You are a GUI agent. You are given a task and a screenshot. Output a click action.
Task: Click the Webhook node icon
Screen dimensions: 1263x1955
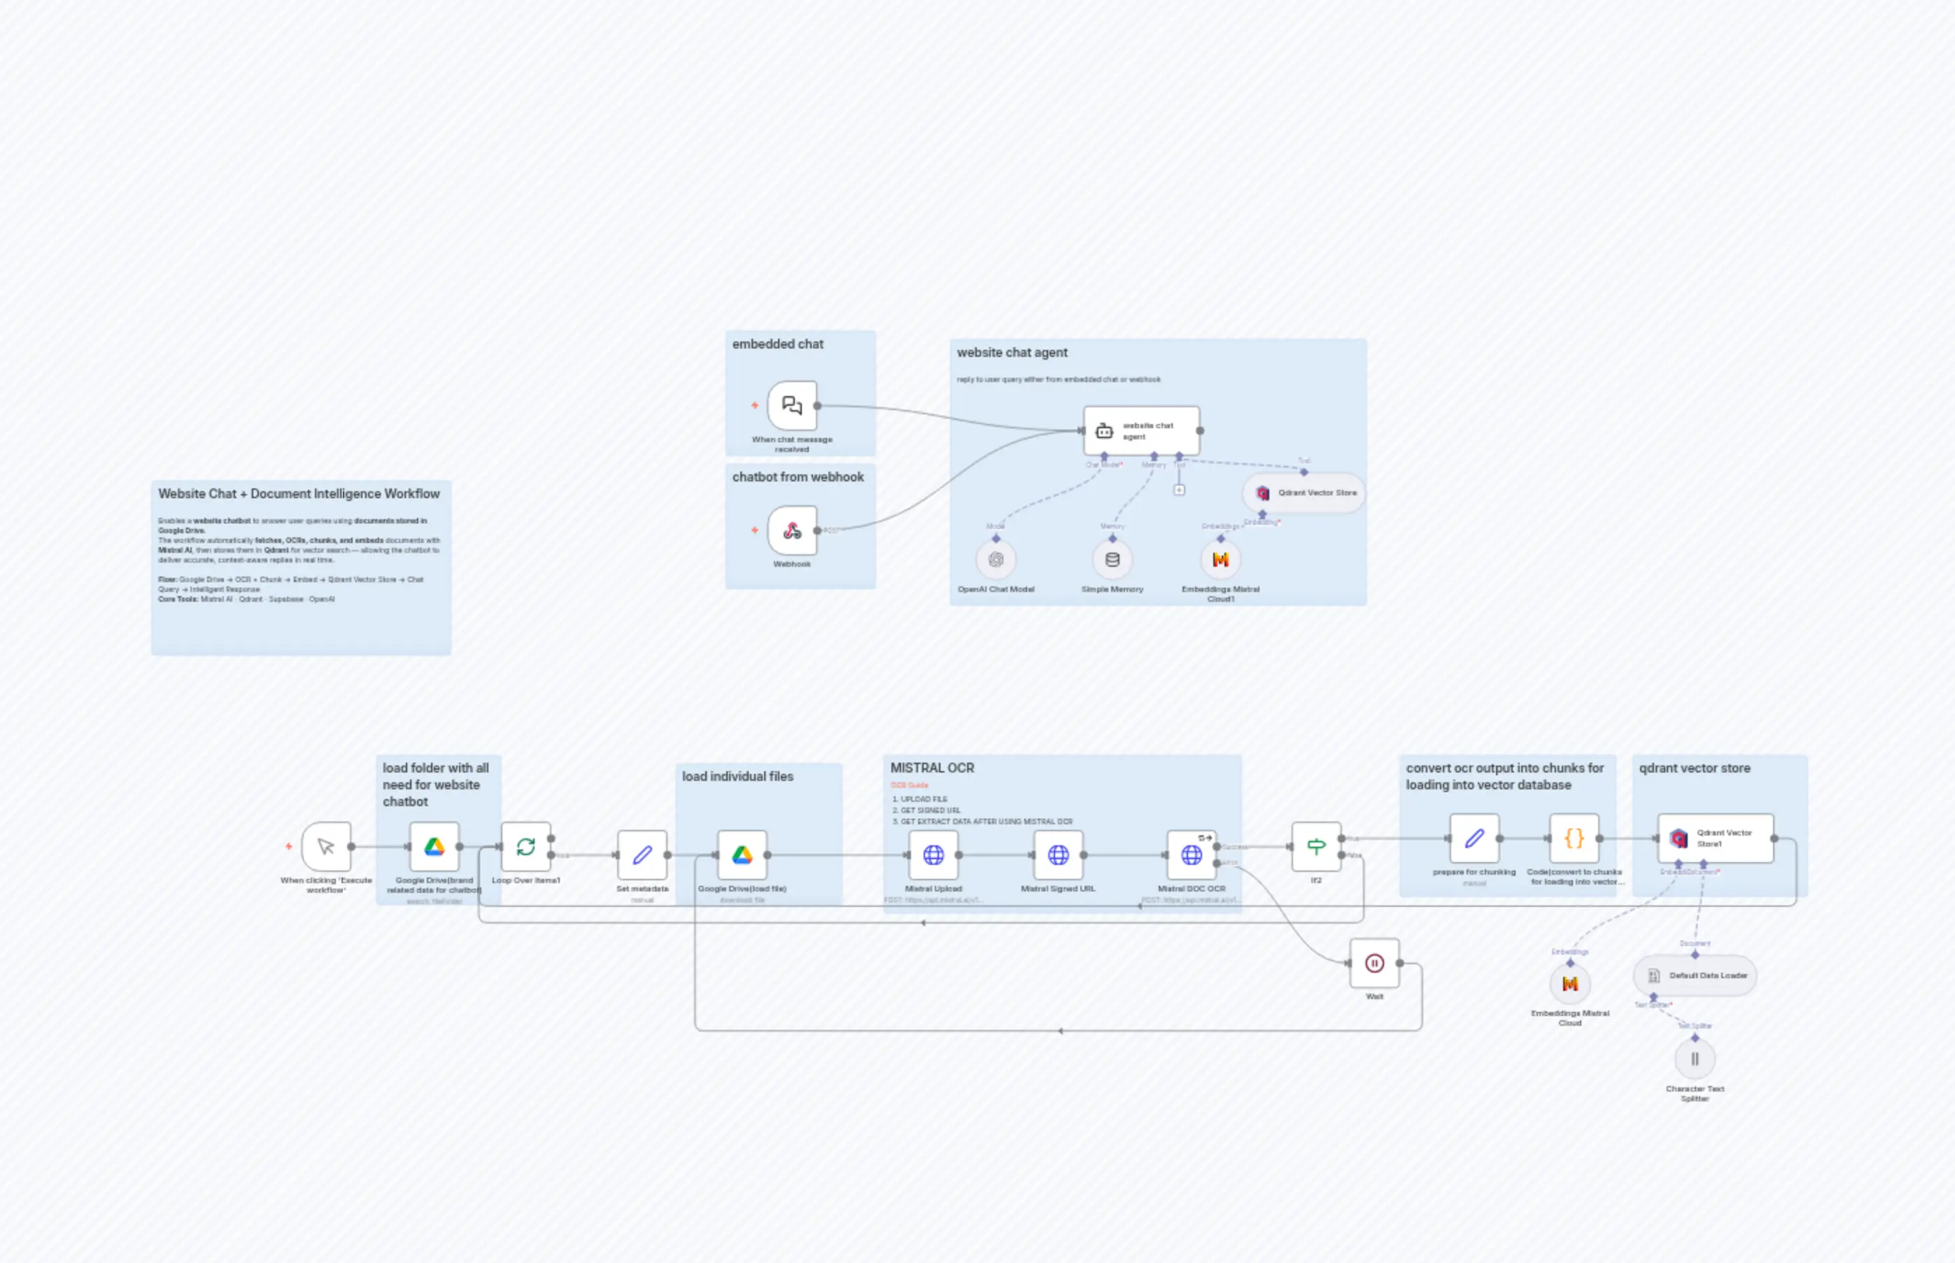tap(791, 530)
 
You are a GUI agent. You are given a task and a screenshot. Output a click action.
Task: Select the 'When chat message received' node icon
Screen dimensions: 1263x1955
tap(791, 405)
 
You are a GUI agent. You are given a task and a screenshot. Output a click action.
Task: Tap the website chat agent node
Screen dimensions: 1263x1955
tap(1141, 430)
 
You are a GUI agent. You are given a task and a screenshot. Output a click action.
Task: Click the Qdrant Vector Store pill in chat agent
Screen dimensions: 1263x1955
tap(1304, 493)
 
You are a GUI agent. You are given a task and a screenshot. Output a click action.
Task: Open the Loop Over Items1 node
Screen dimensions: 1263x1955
tap(525, 847)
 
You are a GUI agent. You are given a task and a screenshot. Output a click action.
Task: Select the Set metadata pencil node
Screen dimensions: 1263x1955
tap(642, 855)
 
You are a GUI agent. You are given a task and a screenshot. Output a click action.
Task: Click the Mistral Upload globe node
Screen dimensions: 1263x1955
tap(933, 855)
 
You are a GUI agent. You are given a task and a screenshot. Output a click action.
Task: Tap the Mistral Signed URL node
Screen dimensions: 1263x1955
tap(1058, 855)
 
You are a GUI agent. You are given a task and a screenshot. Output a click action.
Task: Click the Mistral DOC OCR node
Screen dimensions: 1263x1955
tap(1191, 855)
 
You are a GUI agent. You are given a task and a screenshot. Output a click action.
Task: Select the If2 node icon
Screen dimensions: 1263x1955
tap(1315, 847)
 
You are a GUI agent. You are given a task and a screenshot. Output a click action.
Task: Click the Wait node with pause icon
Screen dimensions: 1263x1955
tap(1374, 964)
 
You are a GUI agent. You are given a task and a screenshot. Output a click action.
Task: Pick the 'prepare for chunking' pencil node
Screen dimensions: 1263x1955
tap(1474, 838)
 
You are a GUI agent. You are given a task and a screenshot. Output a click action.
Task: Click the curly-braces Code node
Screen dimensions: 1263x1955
tap(1574, 838)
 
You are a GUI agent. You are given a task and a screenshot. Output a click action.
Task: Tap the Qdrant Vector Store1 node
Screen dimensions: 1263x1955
tap(1715, 838)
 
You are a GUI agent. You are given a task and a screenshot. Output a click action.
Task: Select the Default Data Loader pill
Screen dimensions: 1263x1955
tap(1695, 976)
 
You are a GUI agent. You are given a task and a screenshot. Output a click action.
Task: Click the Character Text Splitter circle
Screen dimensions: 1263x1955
tap(1694, 1059)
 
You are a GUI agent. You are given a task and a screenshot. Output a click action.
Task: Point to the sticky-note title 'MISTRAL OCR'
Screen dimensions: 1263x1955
tap(933, 768)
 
